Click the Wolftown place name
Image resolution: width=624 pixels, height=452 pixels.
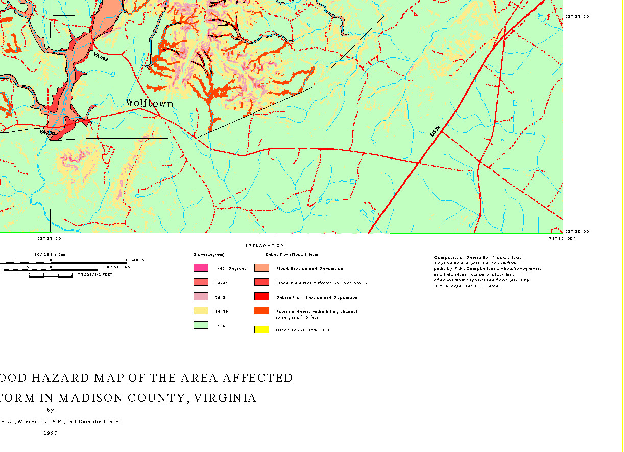coord(150,103)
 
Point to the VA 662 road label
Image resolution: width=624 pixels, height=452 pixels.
coord(101,57)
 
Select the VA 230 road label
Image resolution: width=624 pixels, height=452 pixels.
coord(47,133)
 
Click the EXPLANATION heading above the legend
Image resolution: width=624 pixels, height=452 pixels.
coord(265,246)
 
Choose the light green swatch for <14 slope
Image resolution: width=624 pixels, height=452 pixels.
coord(201,325)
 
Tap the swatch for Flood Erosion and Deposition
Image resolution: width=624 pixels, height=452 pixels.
coord(261,268)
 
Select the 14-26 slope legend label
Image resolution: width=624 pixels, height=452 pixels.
coord(222,311)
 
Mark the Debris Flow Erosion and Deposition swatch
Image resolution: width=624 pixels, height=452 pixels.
coord(261,297)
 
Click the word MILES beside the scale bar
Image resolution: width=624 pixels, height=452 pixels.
coord(138,260)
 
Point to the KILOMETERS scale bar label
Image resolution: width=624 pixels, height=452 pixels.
coord(116,267)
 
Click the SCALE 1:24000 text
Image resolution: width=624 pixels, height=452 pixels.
coord(50,254)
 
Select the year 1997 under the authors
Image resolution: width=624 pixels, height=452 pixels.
coord(50,433)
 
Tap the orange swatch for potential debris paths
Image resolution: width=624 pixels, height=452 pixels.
coord(261,311)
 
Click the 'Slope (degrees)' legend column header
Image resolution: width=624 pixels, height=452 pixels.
coord(209,254)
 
